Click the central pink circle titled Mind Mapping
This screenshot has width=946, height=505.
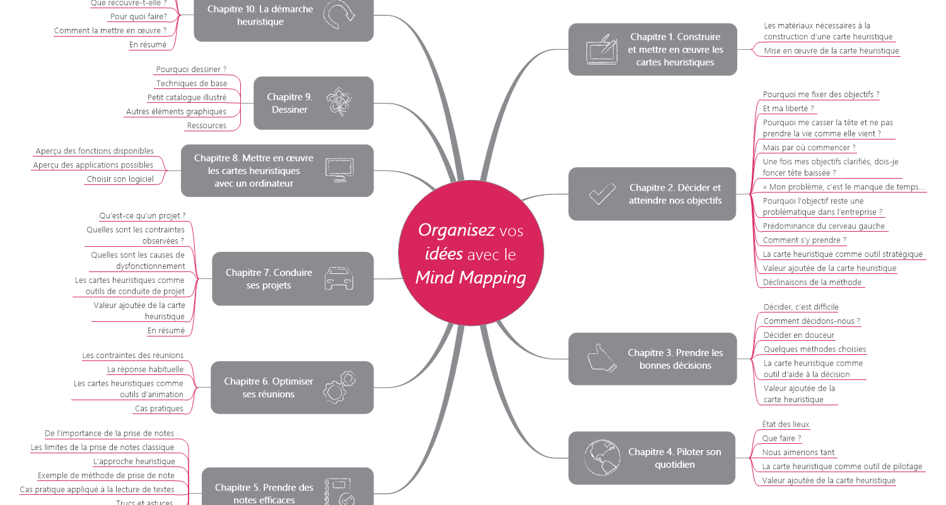coord(470,253)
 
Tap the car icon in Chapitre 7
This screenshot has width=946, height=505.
coord(339,278)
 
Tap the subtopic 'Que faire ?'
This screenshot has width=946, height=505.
coord(781,438)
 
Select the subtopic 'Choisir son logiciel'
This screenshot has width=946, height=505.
coord(120,179)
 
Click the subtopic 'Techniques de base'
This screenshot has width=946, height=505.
coord(192,83)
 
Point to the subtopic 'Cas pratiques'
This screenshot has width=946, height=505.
coord(159,408)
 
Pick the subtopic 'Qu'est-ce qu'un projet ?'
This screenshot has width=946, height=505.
coord(143,215)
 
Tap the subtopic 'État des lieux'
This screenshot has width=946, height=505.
coord(786,424)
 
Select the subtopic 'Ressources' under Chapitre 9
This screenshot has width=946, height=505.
coord(207,126)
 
